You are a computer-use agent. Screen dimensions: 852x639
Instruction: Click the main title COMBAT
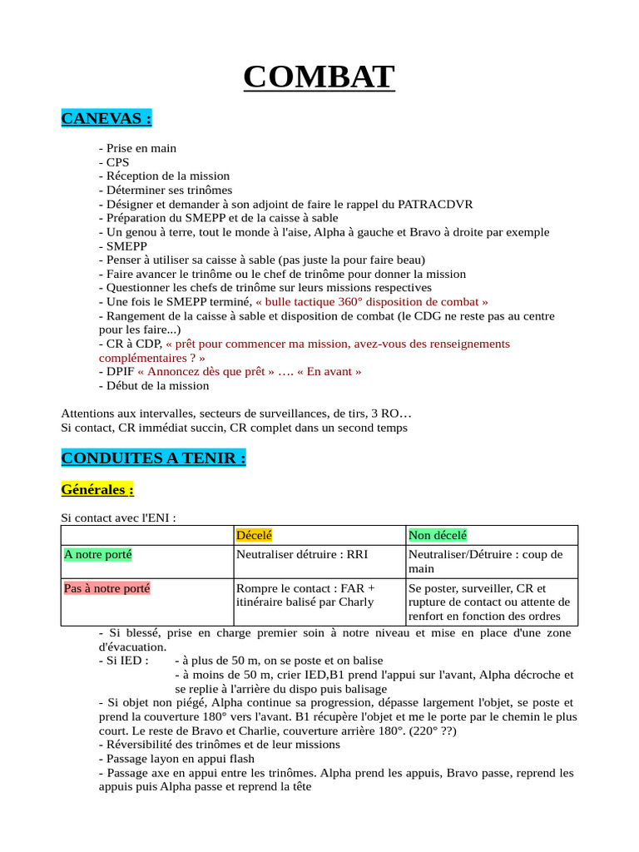[x=319, y=77]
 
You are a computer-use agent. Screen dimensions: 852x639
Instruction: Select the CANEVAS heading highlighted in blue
[x=106, y=118]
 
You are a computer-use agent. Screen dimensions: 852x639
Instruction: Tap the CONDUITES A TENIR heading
[x=153, y=458]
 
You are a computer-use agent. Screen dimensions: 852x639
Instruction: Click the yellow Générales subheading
[x=97, y=490]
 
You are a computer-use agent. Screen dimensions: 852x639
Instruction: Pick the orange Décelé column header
[x=254, y=535]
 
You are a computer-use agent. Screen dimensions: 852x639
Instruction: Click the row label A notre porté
[x=97, y=554]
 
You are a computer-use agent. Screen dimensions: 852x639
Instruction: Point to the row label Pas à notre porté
[x=106, y=588]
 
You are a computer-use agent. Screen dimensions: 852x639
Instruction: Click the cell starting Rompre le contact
[x=305, y=595]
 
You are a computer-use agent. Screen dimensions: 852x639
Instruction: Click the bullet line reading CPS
[x=114, y=162]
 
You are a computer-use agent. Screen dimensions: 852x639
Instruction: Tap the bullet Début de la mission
[x=154, y=385]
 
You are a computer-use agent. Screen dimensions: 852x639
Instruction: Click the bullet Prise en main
[x=137, y=148]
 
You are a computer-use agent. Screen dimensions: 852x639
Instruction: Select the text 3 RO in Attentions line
[x=384, y=414]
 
